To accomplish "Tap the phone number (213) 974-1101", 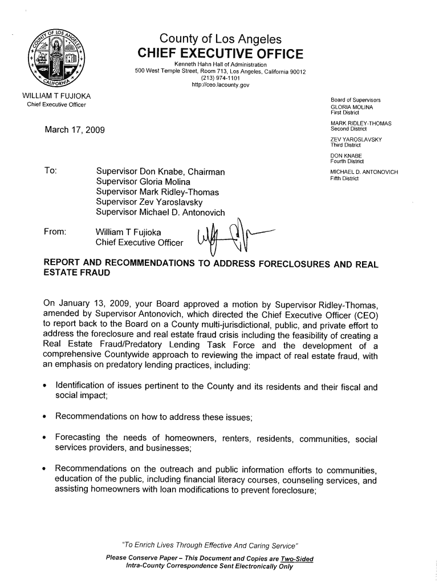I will coord(220,79).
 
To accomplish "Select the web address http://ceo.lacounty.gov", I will coord(220,86).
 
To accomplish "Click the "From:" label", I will coord(55,232).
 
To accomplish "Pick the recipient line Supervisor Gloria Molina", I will coord(143,181).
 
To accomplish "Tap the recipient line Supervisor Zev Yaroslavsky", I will coord(149,202).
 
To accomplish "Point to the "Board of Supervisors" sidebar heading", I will coord(356,100).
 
